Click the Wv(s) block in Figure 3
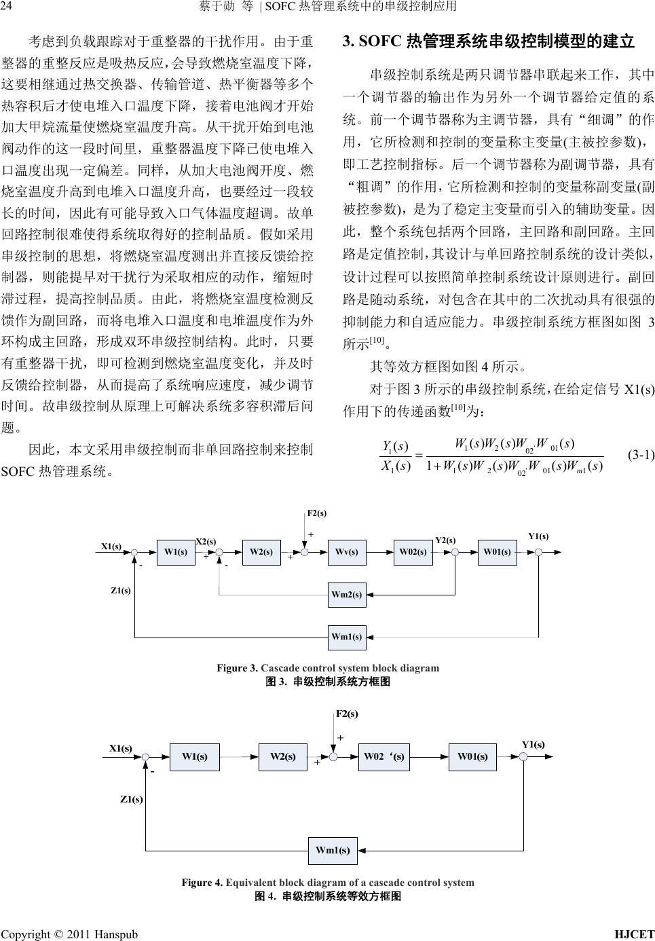(x=347, y=552)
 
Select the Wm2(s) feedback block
(x=347, y=595)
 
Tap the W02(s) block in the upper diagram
(x=412, y=552)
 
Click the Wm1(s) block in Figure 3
(x=347, y=637)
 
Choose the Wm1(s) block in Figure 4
(x=333, y=850)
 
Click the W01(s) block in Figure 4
(x=472, y=756)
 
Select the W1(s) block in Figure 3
(x=175, y=552)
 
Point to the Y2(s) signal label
(x=445, y=540)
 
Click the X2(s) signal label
(x=206, y=541)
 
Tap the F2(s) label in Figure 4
(x=347, y=714)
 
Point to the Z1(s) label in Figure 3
(x=121, y=590)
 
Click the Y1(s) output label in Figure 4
(x=534, y=744)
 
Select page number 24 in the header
(x=7, y=7)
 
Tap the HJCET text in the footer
(x=634, y=934)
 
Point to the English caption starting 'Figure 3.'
(x=328, y=667)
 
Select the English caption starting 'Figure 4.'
(x=328, y=883)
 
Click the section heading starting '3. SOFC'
(x=489, y=42)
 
